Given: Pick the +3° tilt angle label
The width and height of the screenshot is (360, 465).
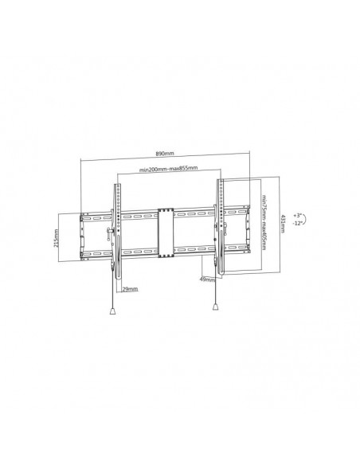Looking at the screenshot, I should (x=298, y=215).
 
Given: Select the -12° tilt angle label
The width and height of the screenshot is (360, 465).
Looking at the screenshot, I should (x=298, y=225).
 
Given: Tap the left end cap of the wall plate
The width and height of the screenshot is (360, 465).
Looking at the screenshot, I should (x=83, y=235).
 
